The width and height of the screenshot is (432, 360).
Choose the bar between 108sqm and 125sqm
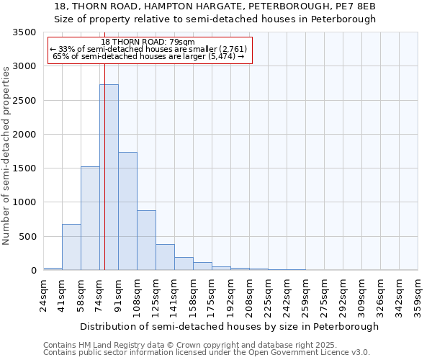point(146,240)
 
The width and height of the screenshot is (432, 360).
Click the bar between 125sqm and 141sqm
point(165,257)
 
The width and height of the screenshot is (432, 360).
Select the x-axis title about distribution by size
point(229,326)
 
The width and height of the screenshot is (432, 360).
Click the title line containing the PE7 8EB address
point(215,6)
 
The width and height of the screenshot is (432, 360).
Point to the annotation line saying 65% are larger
point(149,56)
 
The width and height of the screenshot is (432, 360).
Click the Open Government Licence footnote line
point(207,352)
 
